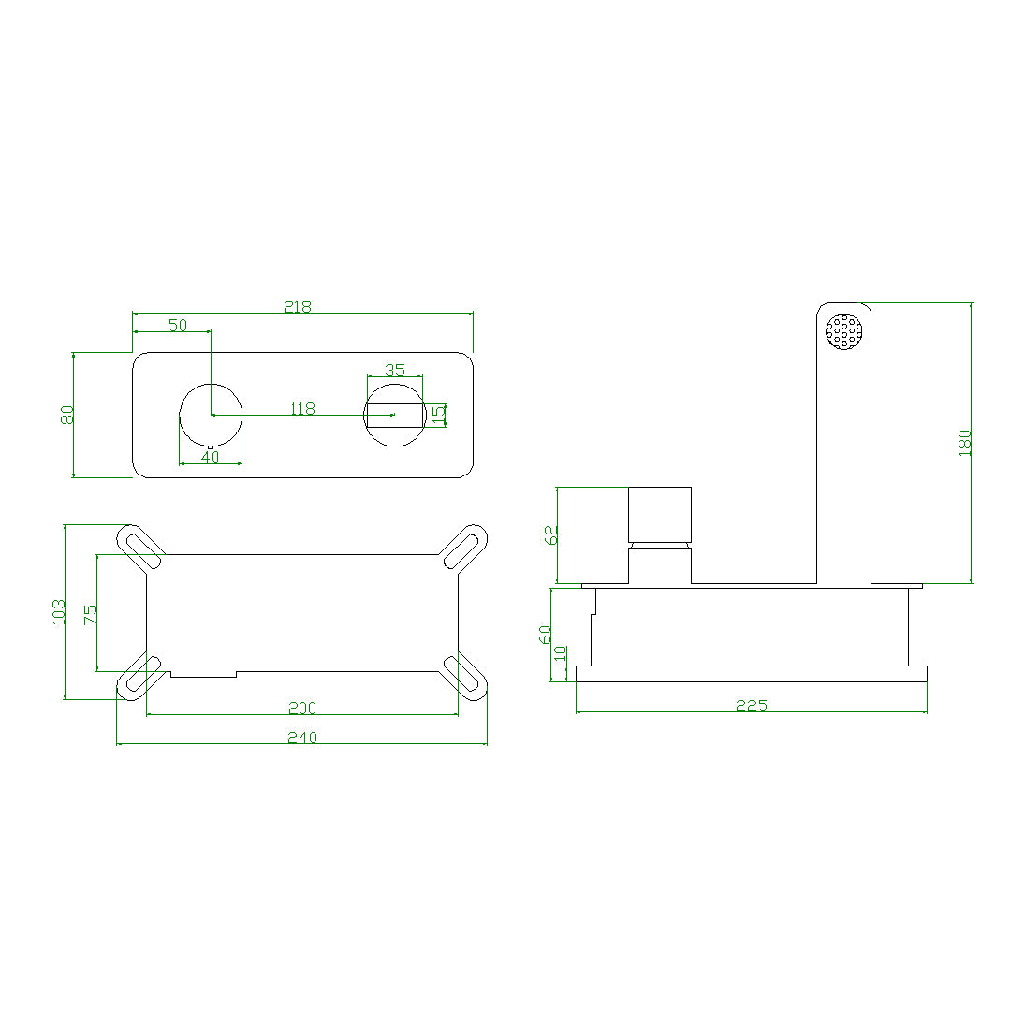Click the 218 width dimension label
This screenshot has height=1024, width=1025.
(x=299, y=306)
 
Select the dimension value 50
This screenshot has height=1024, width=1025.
(x=178, y=325)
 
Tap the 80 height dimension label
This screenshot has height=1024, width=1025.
(x=67, y=415)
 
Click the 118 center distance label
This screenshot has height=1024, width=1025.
(x=302, y=409)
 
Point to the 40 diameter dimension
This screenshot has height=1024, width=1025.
(x=210, y=457)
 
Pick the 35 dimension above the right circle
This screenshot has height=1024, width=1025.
(x=394, y=370)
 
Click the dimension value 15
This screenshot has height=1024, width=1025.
(x=438, y=415)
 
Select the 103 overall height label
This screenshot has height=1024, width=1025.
(x=59, y=612)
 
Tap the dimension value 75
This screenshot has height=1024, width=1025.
(x=90, y=614)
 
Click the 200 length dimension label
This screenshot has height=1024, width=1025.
(x=301, y=709)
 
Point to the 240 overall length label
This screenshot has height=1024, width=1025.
(x=301, y=738)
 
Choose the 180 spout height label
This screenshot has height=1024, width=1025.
(x=965, y=443)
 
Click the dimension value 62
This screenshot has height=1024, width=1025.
(x=550, y=534)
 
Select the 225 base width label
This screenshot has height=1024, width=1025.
(x=751, y=706)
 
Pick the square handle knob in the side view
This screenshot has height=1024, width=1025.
(x=659, y=514)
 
